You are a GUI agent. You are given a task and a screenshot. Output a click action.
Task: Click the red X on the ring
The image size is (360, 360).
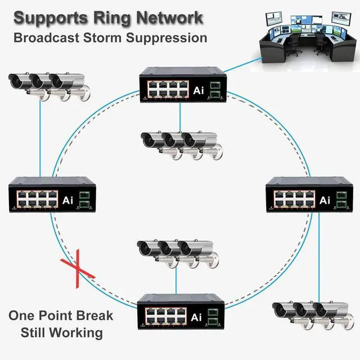(78, 268)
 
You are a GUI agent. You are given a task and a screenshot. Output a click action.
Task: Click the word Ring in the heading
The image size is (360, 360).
(112, 18)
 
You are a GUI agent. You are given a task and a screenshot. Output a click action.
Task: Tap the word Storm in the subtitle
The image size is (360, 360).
(102, 38)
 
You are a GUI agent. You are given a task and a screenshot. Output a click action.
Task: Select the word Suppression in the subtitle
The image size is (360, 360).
(166, 38)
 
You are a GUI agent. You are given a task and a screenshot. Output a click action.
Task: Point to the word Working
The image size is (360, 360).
(76, 332)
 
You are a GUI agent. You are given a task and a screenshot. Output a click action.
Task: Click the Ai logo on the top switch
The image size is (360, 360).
(199, 91)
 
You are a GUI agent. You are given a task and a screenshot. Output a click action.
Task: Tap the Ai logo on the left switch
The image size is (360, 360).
(67, 200)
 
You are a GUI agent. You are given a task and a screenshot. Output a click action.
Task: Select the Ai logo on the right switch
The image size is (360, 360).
(325, 200)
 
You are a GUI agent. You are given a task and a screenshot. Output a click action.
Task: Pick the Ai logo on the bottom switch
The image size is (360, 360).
(196, 317)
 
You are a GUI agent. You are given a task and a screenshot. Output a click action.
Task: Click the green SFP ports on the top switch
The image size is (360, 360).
(215, 89)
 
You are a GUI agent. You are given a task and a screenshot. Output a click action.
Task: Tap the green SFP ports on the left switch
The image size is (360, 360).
(84, 200)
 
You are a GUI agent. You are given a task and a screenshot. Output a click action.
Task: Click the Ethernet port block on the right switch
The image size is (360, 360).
(294, 199)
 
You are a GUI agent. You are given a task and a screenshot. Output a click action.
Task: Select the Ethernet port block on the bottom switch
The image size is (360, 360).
(166, 316)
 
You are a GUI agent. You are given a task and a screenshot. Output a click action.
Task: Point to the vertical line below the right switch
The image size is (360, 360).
(319, 258)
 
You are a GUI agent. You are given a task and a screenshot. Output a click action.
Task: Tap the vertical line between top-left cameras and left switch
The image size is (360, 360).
(40, 138)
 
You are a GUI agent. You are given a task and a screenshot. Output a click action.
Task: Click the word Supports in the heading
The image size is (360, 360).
(51, 19)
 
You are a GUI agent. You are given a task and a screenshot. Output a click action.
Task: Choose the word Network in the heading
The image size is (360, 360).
(170, 18)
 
